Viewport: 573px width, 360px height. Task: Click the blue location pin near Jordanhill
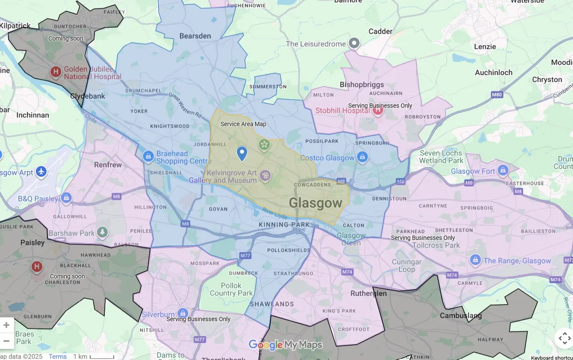tap(242, 153)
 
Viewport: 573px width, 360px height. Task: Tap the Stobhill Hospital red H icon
tap(378, 110)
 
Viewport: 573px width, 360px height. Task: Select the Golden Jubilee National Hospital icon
tap(56, 72)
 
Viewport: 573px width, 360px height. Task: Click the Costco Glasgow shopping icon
tap(363, 157)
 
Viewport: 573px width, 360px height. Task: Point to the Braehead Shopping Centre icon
tap(148, 157)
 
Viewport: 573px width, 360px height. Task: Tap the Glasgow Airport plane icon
tap(41, 172)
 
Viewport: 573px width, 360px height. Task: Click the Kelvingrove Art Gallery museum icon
tap(265, 176)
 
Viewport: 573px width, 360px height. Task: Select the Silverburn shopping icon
tap(182, 313)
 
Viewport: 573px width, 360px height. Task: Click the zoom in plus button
tap(6, 325)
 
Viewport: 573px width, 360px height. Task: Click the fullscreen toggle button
tap(564, 339)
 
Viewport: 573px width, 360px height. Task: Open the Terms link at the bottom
tap(58, 356)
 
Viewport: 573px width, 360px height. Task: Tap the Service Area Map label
tap(243, 124)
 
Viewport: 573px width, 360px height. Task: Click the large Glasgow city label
tap(316, 203)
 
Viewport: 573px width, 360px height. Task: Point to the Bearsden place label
tap(195, 36)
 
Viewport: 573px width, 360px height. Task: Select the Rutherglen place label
tap(368, 293)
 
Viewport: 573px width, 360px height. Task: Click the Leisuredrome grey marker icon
tap(354, 43)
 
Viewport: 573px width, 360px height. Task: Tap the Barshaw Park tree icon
tap(103, 232)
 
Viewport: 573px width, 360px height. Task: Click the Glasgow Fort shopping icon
tap(503, 171)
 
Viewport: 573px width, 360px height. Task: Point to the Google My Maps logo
tap(285, 345)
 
